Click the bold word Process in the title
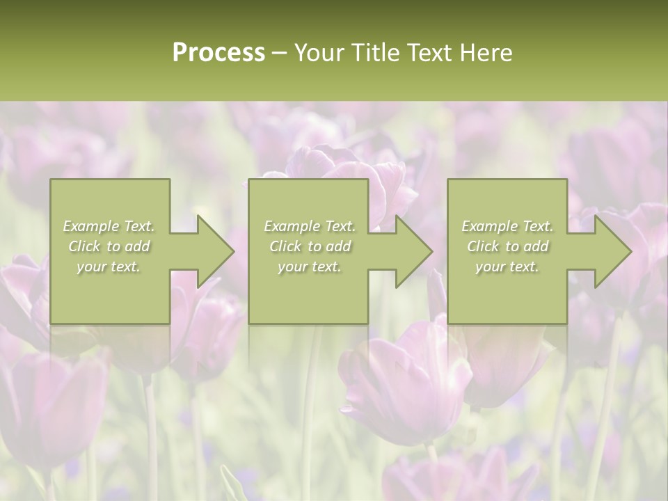[218, 53]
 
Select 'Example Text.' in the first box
[109, 226]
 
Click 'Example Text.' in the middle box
[310, 226]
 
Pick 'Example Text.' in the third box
[507, 226]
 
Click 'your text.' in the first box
[109, 267]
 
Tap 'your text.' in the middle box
[310, 267]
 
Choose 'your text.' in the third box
[507, 267]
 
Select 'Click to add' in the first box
[109, 246]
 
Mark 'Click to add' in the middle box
[310, 246]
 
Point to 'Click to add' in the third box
[507, 246]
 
